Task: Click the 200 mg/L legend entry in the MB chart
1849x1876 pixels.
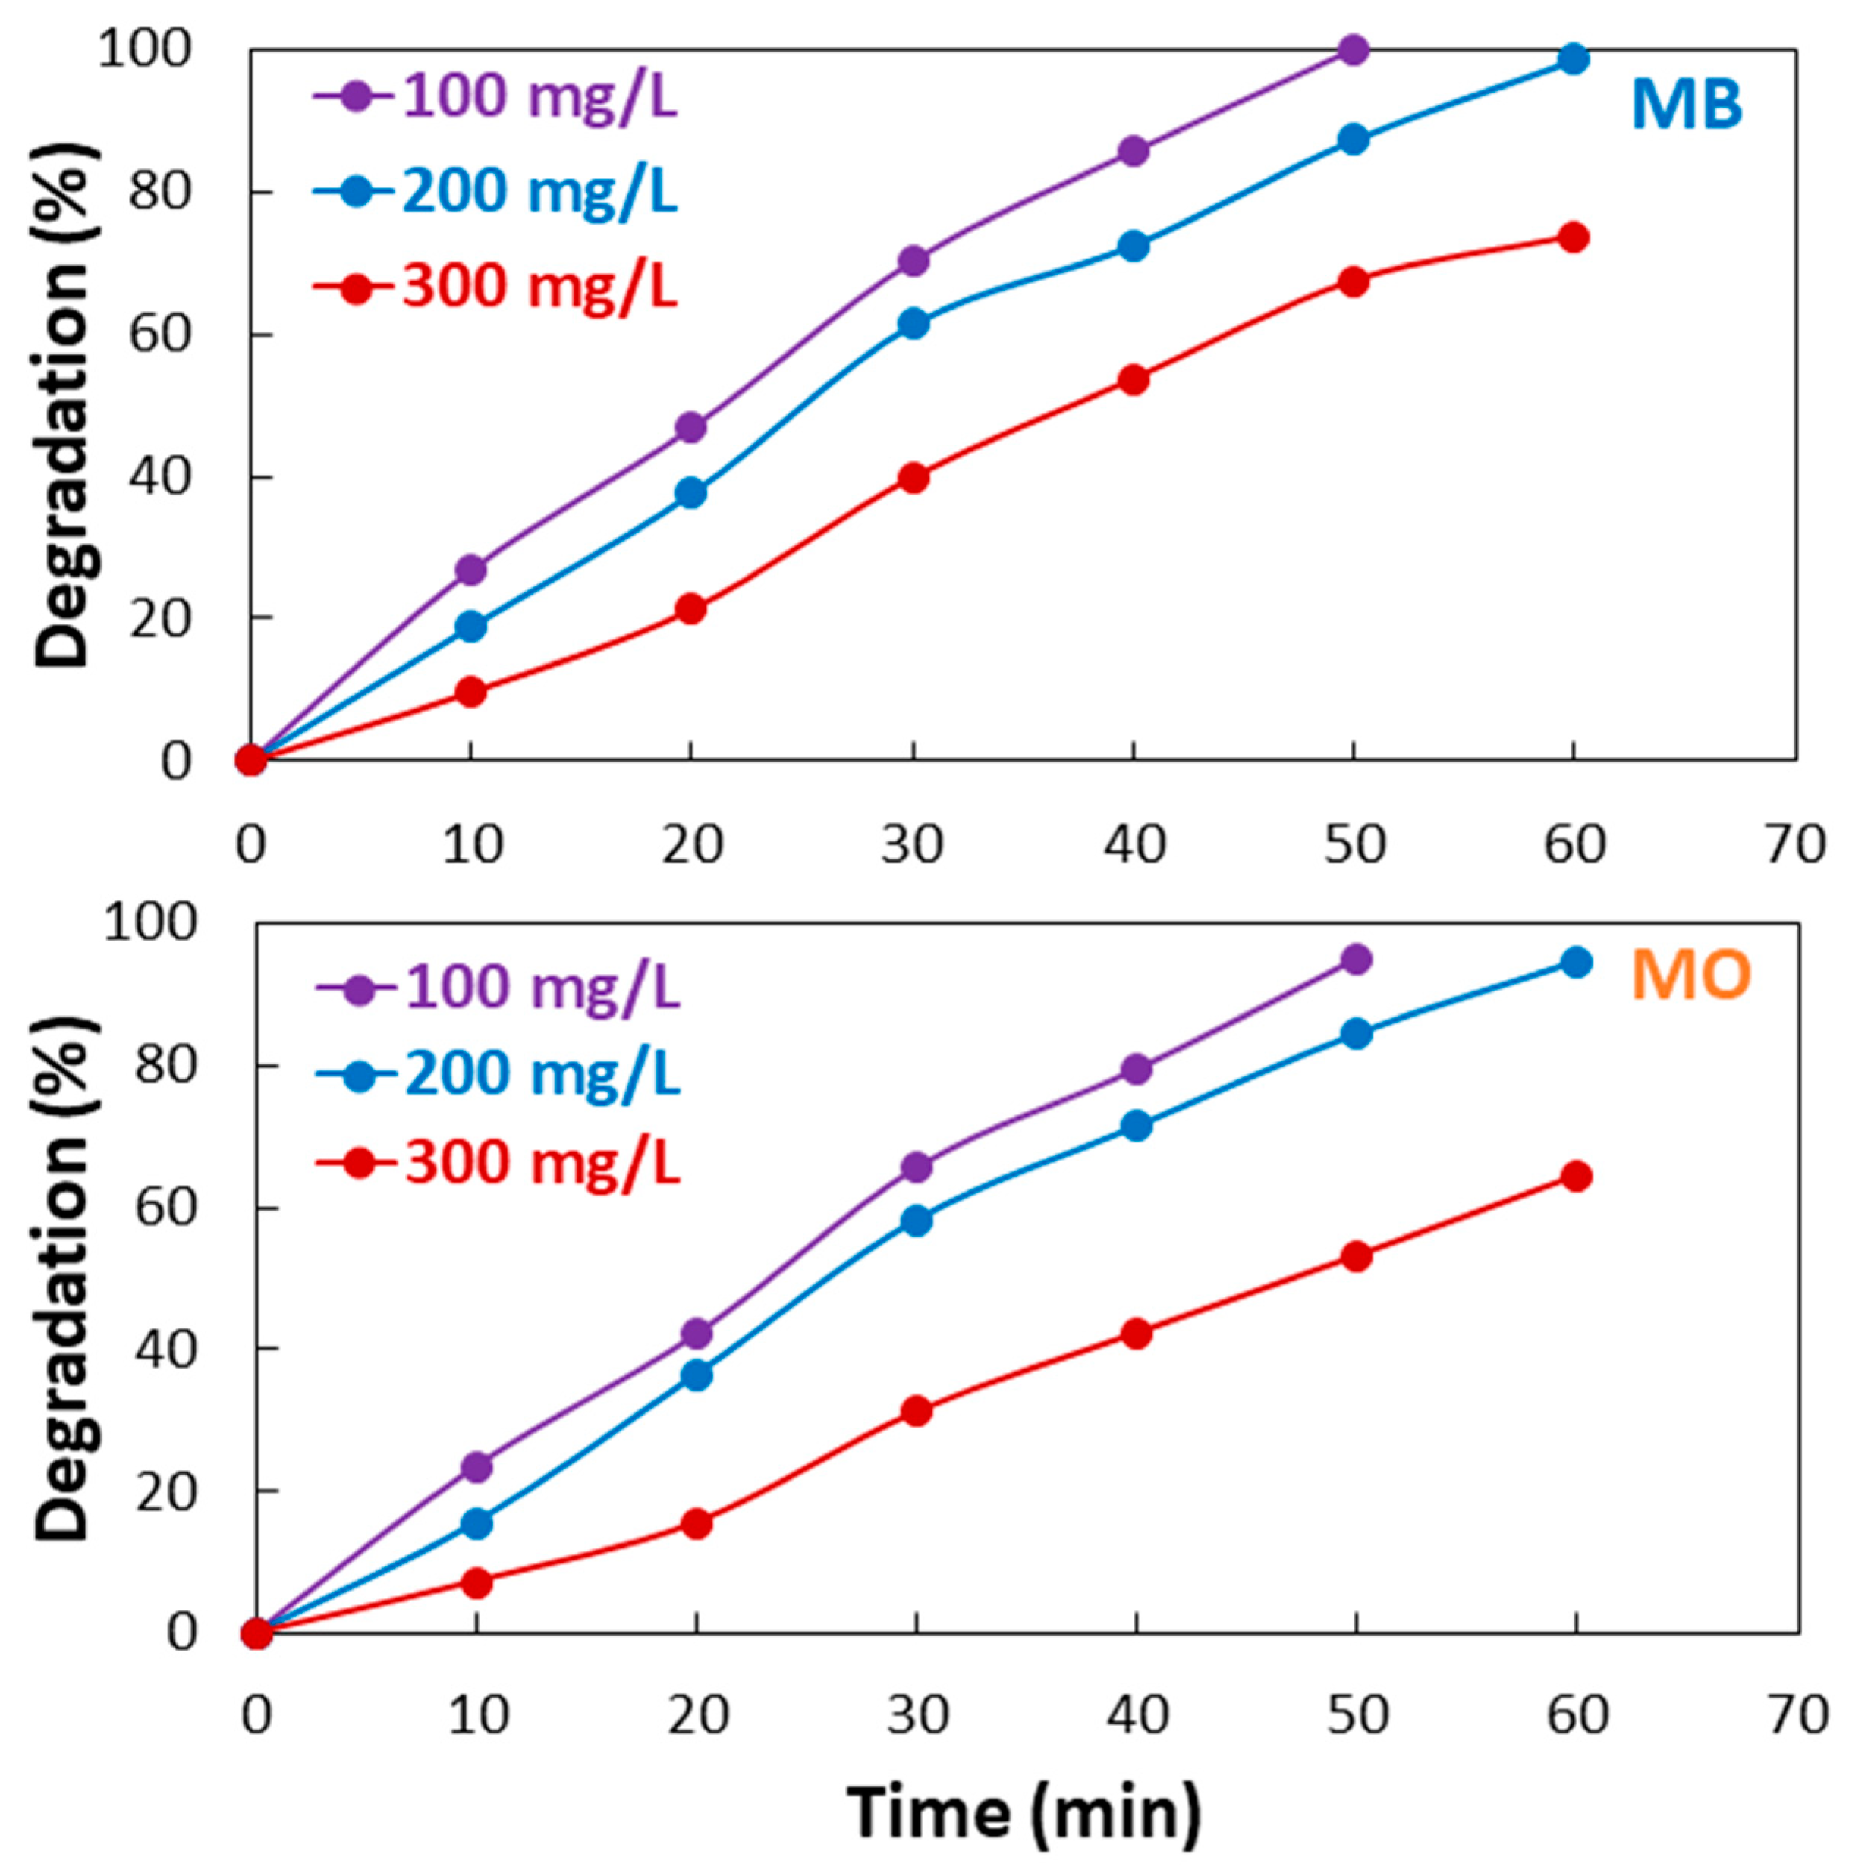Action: pyautogui.click(x=495, y=191)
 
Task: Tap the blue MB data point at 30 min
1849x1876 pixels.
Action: pyautogui.click(x=913, y=323)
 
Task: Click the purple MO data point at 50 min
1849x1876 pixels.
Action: pyautogui.click(x=1356, y=960)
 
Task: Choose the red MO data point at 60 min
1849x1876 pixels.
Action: pyautogui.click(x=1576, y=1176)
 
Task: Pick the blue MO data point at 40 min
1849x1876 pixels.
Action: pyautogui.click(x=1137, y=1127)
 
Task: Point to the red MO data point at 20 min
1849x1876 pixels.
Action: pyautogui.click(x=697, y=1523)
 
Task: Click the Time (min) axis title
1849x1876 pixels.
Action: pyautogui.click(x=1024, y=1812)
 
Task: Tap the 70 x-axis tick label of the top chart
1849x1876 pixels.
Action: pyautogui.click(x=1794, y=845)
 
